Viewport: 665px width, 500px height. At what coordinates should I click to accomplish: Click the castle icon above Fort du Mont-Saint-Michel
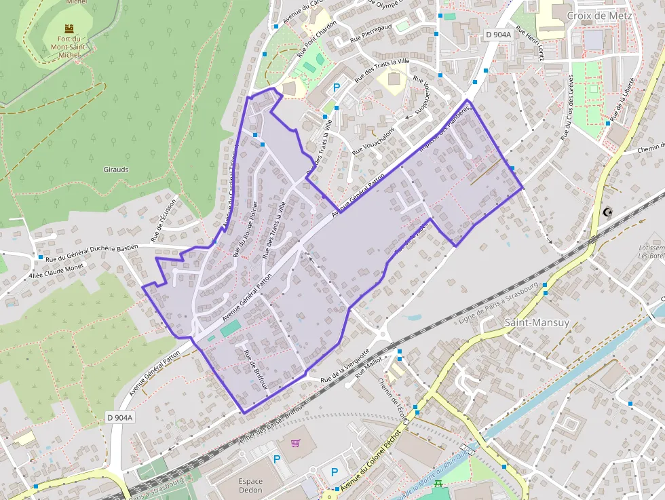click(x=69, y=28)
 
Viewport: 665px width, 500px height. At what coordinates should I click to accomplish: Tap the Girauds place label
click(x=116, y=169)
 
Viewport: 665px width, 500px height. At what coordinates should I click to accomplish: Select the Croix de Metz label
click(x=599, y=16)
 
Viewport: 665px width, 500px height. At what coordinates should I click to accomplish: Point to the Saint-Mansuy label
click(x=537, y=322)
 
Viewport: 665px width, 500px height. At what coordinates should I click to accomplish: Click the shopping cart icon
click(x=295, y=444)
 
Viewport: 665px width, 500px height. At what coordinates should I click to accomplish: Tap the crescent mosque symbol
click(x=607, y=212)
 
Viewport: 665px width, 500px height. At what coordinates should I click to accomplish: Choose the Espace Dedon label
click(x=250, y=486)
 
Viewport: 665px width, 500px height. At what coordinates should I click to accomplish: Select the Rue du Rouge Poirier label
click(x=245, y=229)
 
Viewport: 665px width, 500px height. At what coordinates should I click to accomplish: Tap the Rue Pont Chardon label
click(x=316, y=43)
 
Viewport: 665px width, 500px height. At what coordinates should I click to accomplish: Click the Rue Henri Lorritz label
click(x=531, y=43)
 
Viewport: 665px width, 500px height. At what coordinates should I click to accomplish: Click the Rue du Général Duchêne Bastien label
click(x=91, y=252)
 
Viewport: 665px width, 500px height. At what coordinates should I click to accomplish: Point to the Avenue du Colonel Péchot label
click(x=370, y=461)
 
